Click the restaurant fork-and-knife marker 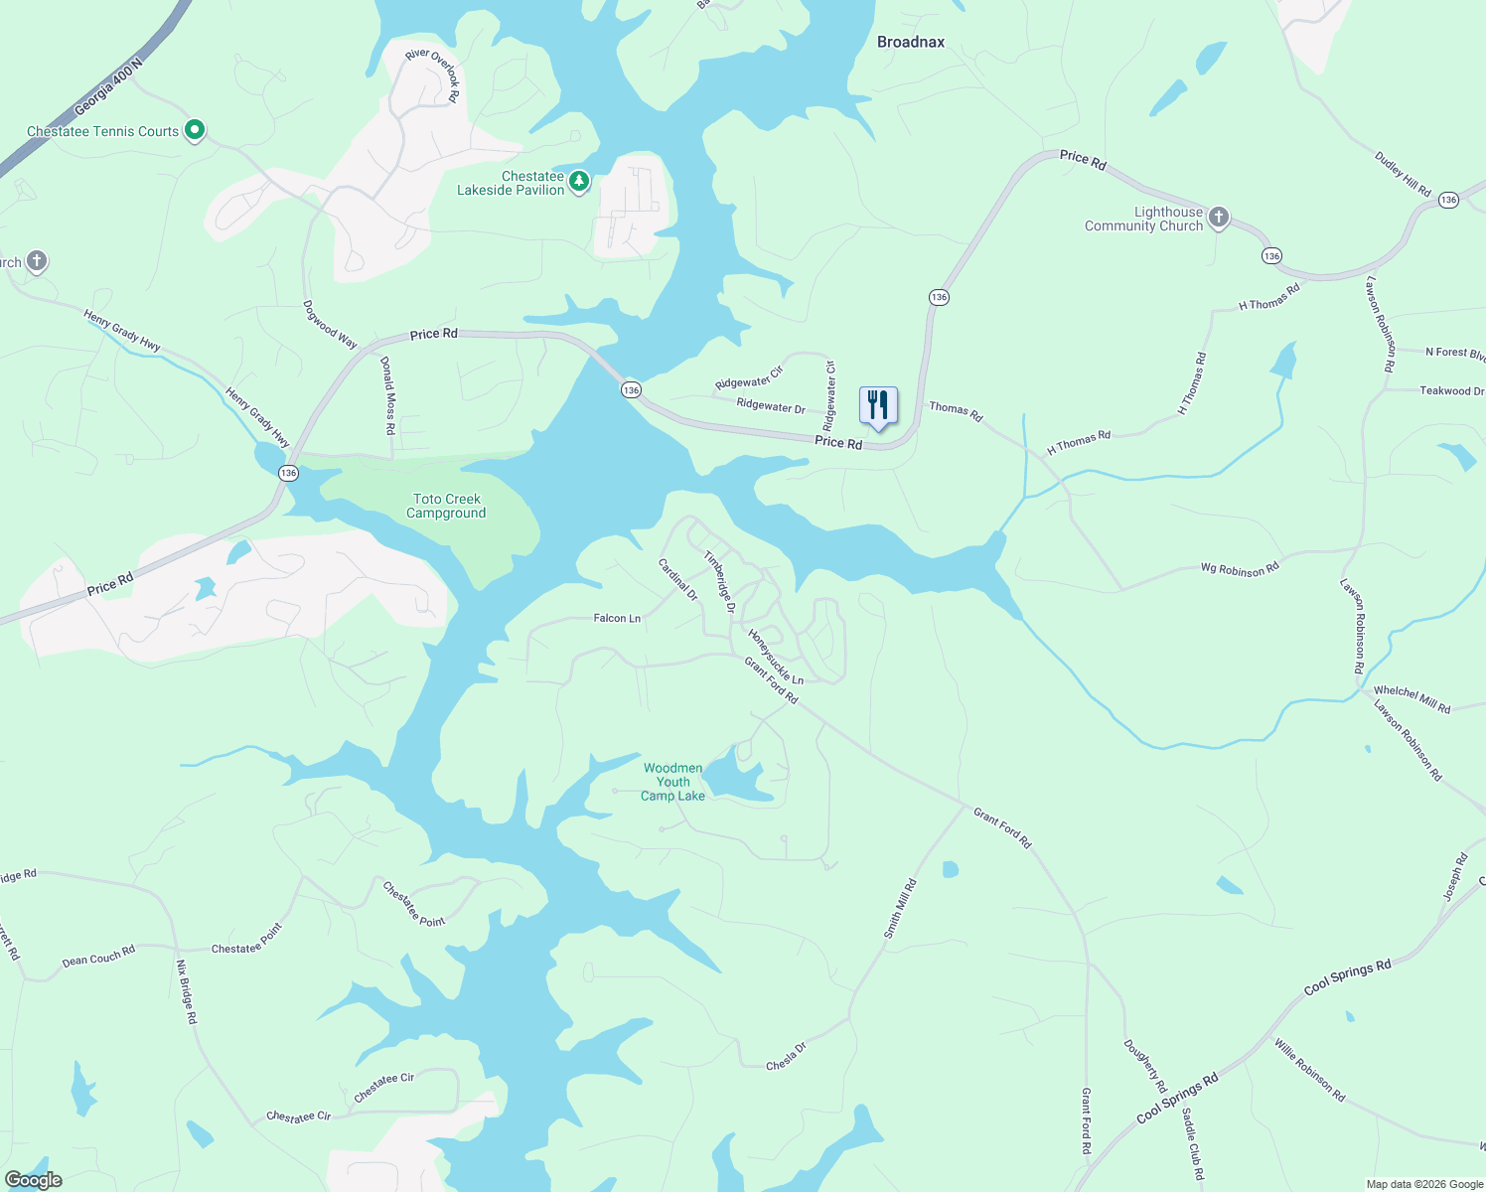(x=877, y=405)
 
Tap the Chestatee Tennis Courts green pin (x=196, y=129)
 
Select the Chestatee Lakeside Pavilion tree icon (x=578, y=181)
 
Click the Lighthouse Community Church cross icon (x=1219, y=218)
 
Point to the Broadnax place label (x=911, y=42)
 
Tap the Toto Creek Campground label (x=447, y=507)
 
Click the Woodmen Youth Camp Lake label (x=672, y=782)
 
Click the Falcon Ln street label (x=617, y=618)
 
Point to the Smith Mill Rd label (x=900, y=909)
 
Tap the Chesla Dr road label (x=786, y=1057)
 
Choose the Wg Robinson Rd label (x=1240, y=569)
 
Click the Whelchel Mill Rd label (x=1412, y=699)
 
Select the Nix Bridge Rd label (x=186, y=991)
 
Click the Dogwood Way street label (x=330, y=325)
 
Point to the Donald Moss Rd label (x=388, y=395)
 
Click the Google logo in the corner (x=33, y=1180)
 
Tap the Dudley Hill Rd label (x=1403, y=174)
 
